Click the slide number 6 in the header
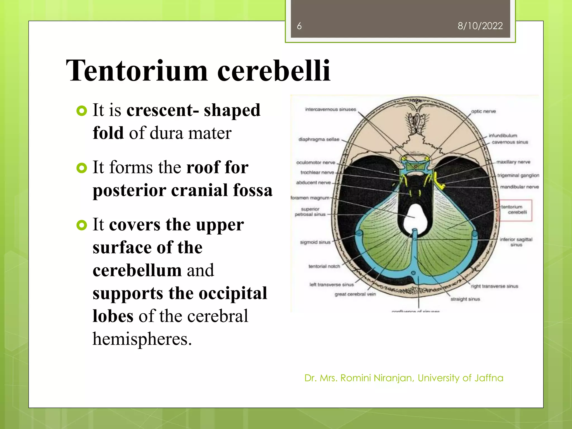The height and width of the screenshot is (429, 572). (299, 26)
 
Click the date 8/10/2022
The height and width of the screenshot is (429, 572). (480, 26)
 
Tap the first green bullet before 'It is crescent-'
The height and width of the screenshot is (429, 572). (82, 111)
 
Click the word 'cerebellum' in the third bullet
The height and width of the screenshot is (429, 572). (137, 270)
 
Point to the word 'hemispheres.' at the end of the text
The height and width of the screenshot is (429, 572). (142, 339)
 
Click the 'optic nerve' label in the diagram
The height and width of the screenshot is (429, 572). (483, 111)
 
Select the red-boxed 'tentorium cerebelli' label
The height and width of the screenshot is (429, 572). (515, 210)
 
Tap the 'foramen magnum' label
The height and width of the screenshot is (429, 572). (310, 198)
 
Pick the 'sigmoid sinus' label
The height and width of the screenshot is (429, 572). (315, 242)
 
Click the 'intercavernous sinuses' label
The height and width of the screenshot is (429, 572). (330, 109)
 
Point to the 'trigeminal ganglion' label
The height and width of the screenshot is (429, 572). (518, 175)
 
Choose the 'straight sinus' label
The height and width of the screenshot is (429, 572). (465, 299)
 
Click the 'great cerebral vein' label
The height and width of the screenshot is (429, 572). (355, 294)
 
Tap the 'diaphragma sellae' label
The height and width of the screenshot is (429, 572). (319, 139)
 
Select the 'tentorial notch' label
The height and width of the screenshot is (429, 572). (324, 266)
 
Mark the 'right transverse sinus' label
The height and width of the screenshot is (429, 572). (494, 286)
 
